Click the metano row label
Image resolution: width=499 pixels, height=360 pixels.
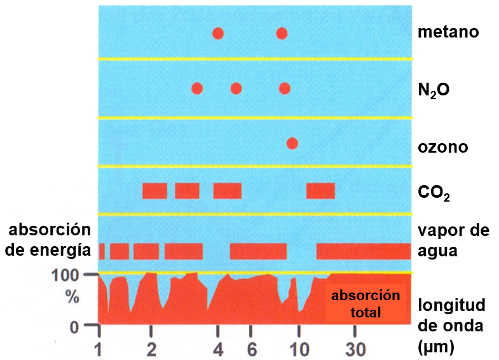coord(448,32)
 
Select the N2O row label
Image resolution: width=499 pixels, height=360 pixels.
coord(434,91)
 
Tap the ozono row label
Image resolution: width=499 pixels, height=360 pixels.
coord(442,147)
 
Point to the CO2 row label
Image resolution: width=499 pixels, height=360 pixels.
coord(434,192)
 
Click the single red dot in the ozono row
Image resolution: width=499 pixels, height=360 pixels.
coord(292,143)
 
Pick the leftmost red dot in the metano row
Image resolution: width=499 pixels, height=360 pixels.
coord(218,33)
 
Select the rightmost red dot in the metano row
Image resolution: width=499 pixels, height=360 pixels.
coord(282,33)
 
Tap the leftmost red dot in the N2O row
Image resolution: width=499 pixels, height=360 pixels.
coord(197,88)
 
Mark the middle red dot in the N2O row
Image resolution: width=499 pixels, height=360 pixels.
coord(236,88)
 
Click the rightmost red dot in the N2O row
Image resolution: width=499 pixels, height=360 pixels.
coord(285,88)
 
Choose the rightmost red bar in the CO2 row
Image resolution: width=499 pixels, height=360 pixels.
coord(320,191)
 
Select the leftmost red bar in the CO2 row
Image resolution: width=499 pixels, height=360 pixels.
coord(154,191)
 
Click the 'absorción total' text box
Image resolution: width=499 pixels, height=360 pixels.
coord(366,303)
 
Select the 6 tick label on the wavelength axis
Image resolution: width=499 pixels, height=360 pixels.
coord(252,349)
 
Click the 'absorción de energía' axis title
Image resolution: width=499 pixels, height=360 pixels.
coord(48,240)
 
